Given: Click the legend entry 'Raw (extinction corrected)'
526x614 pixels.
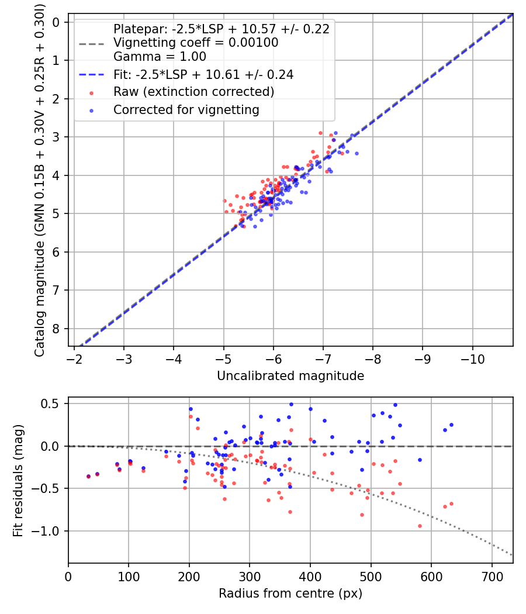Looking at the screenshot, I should pos(193,92).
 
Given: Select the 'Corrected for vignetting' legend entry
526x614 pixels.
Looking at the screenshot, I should pos(186,109).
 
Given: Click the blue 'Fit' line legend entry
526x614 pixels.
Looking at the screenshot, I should pos(203,74).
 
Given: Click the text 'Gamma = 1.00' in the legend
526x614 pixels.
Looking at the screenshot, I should pos(160,57).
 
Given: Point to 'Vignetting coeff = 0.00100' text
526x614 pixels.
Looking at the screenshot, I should pos(196,43).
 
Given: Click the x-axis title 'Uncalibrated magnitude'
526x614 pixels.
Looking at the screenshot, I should pos(290,376).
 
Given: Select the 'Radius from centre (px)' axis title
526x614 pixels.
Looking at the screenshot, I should pos(290,594).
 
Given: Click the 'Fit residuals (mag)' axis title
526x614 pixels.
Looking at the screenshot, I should pos(18,480).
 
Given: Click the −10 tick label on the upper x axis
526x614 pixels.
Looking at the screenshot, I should pos(473,358).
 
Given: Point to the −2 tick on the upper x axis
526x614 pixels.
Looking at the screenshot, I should pos(74,358).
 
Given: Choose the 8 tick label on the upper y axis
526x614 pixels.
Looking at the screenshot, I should pos(57,329).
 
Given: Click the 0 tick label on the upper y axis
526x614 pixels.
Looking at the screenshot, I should pos(57,22).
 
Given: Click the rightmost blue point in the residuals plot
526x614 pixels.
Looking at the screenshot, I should pos(451,425).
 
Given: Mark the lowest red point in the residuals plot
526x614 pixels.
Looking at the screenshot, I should pos(420,526).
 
